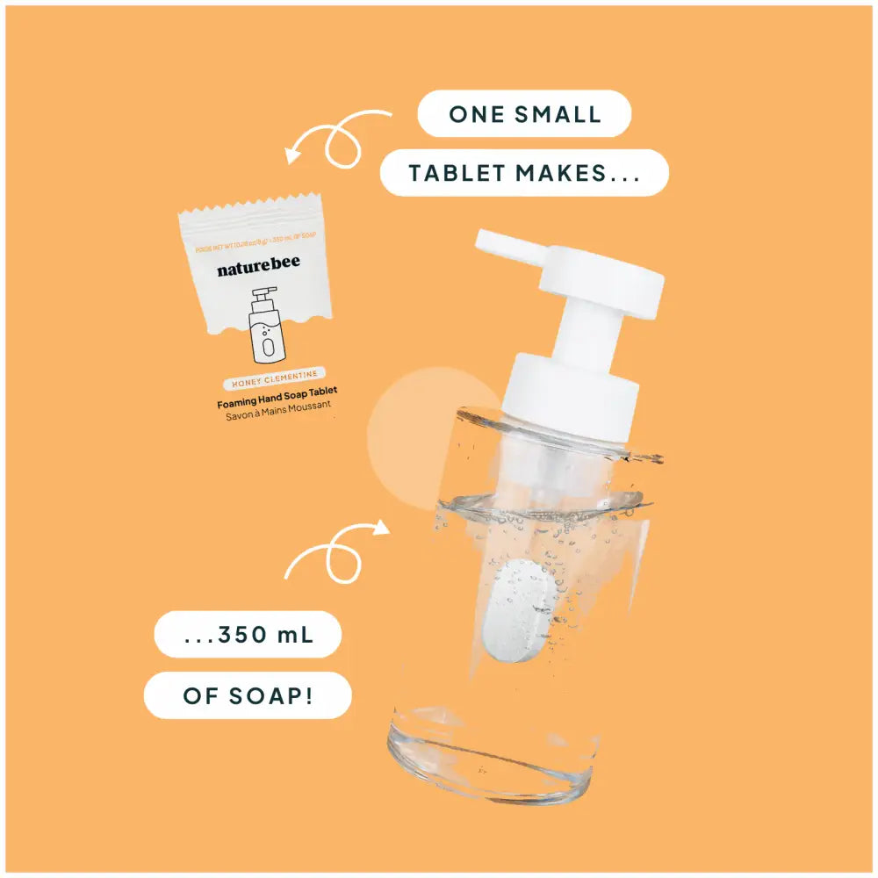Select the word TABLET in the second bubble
pyautogui.click(x=457, y=172)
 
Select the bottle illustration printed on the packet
pyautogui.click(x=263, y=325)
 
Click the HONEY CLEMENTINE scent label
pyautogui.click(x=275, y=384)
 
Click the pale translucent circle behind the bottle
pyautogui.click(x=404, y=439)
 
